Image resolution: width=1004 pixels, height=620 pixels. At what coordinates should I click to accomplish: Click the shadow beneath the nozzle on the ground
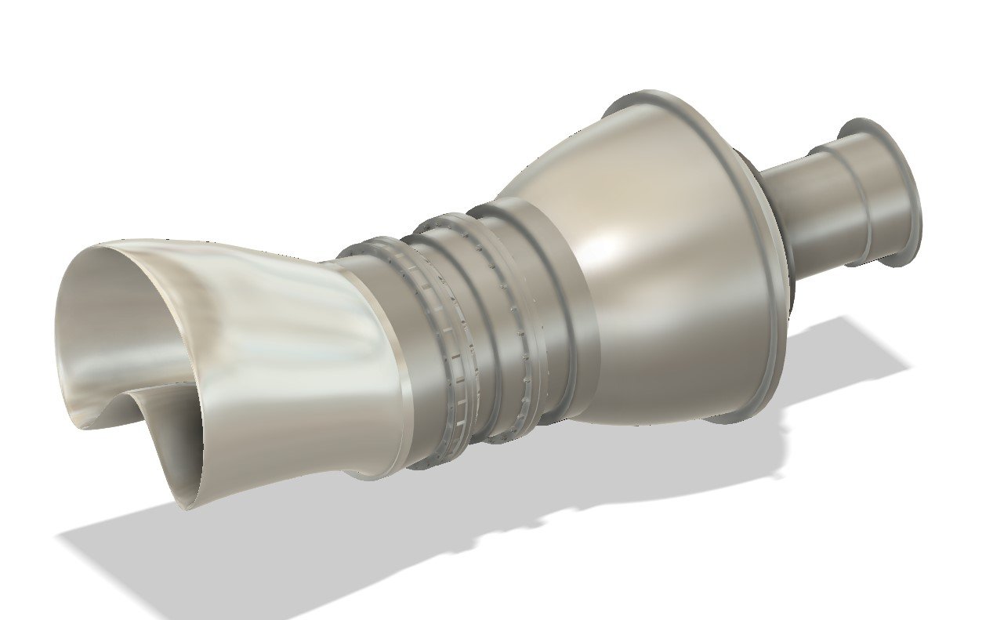click(x=157, y=549)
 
